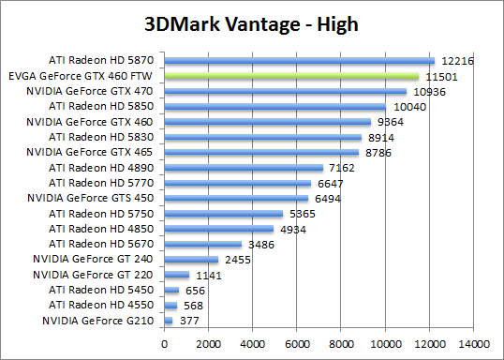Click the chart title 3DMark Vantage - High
[x=252, y=22]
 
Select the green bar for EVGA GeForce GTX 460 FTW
[x=291, y=77]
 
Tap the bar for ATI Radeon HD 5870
[x=299, y=61]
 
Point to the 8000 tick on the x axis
[x=341, y=343]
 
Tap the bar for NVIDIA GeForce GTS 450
[x=236, y=198]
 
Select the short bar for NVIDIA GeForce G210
[x=168, y=321]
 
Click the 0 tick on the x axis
[x=164, y=343]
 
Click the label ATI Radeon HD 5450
[x=104, y=290]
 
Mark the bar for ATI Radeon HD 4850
[x=218, y=229]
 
